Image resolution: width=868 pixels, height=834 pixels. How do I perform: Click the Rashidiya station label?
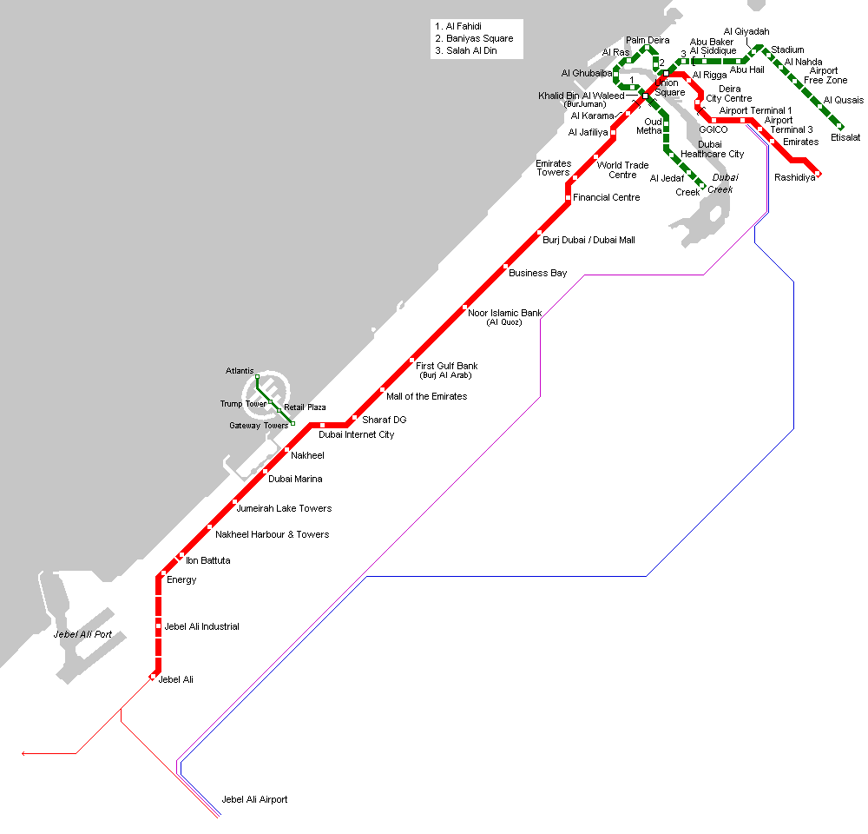click(794, 178)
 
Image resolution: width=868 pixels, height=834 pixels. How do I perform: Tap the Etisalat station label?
click(845, 137)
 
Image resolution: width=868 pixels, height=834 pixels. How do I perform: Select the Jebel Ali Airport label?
click(254, 799)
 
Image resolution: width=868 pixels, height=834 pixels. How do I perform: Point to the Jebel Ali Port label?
click(82, 634)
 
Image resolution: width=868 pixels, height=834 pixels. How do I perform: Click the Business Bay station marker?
click(506, 267)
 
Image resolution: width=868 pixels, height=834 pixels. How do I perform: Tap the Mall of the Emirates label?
click(426, 396)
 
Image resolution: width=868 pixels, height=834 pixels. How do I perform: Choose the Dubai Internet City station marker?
click(322, 425)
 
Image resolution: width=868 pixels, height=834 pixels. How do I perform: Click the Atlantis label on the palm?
click(240, 371)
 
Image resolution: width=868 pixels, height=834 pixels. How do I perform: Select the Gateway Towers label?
click(259, 426)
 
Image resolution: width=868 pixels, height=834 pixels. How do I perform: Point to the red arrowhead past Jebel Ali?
click(25, 753)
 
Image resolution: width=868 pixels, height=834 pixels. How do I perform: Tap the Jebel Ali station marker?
click(153, 677)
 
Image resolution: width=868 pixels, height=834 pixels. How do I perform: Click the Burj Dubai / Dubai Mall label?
click(589, 240)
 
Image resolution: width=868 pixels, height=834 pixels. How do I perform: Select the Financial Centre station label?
click(606, 197)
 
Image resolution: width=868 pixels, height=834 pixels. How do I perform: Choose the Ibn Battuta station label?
click(208, 561)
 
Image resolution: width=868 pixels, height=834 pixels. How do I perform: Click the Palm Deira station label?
click(648, 40)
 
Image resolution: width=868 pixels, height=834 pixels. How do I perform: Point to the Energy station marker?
click(162, 573)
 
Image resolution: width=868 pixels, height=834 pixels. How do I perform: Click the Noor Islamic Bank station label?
click(504, 313)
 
